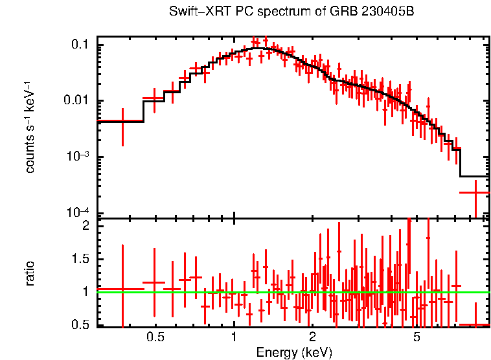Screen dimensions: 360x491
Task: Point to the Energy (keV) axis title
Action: tap(294, 352)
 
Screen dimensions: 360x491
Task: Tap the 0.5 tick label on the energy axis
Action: tap(155, 337)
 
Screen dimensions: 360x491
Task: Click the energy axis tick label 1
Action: tap(234, 337)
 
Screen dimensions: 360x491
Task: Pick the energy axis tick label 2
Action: tap(312, 337)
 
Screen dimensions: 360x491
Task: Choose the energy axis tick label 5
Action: tap(417, 337)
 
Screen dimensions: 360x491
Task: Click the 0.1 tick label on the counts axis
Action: tap(80, 45)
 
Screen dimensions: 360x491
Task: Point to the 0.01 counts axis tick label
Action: tap(76, 101)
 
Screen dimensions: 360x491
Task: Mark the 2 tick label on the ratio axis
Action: tap(85, 226)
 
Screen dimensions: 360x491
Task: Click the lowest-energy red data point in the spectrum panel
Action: tap(122, 121)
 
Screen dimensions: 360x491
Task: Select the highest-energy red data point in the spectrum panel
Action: tap(475, 192)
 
